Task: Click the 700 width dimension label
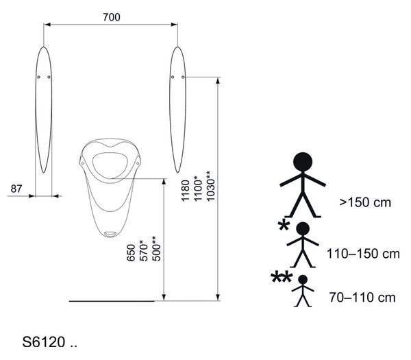(112, 17)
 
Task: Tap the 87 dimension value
(16, 189)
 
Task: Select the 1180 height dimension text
(186, 191)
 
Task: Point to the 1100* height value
(198, 189)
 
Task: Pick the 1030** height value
(210, 186)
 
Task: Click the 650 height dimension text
(131, 253)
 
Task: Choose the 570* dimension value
(143, 251)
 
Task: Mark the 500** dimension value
(156, 248)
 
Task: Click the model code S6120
(44, 342)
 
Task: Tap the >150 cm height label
(365, 202)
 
